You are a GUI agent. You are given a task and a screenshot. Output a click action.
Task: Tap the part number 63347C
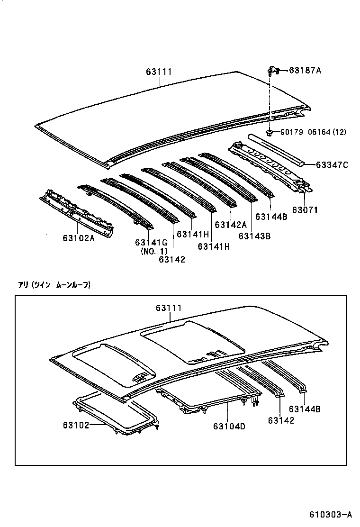[x=332, y=165]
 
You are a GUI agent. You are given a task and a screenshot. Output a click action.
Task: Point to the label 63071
[x=305, y=209]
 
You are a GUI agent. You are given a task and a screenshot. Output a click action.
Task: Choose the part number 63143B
[x=254, y=236]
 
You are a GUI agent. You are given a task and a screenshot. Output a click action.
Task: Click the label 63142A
[x=231, y=225]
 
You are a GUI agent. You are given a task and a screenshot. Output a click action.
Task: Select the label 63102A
[x=79, y=238]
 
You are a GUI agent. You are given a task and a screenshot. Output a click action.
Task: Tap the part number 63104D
[x=229, y=426]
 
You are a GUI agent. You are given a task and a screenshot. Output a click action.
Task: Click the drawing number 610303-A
[x=331, y=514]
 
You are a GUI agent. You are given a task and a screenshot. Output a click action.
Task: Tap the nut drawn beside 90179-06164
[x=269, y=132]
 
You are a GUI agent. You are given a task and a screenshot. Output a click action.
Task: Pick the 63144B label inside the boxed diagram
[x=305, y=409]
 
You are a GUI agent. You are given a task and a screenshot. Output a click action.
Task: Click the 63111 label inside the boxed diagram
[x=168, y=308]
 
